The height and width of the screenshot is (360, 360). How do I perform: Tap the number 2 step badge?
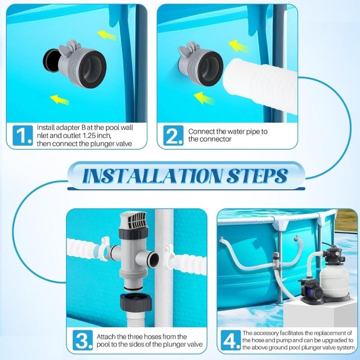point(172,135)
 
